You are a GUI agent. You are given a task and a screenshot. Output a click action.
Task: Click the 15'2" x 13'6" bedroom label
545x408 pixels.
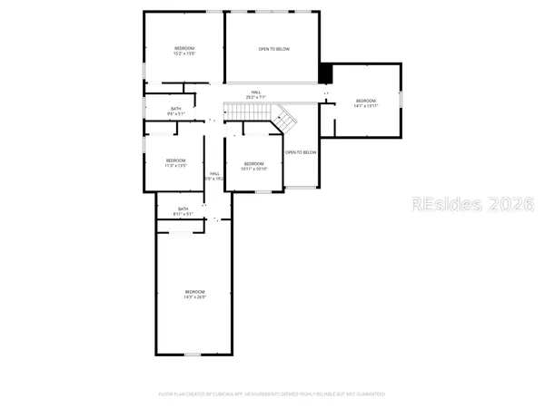[185, 51]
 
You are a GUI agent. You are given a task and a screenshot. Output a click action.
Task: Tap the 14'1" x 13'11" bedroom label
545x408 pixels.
[365, 102]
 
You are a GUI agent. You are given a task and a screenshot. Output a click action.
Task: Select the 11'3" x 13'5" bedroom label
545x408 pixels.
[175, 163]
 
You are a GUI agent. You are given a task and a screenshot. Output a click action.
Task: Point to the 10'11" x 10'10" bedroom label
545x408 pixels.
[253, 166]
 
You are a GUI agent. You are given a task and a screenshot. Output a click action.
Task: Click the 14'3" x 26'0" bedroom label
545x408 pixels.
[195, 294]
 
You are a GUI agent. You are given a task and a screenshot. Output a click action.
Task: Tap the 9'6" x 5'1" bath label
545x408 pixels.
[176, 111]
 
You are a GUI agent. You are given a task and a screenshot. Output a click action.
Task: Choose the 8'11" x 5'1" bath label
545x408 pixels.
[183, 211]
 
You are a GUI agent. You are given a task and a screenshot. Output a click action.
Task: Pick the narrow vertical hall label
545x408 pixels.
[214, 176]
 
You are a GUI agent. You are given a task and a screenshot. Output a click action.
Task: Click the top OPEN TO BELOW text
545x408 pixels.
[273, 49]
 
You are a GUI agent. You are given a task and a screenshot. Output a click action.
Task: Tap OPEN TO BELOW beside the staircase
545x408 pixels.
[302, 152]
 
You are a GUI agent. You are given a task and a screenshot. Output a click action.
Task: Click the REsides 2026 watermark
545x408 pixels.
[471, 204]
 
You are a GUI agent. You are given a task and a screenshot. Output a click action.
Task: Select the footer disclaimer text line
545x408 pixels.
[272, 394]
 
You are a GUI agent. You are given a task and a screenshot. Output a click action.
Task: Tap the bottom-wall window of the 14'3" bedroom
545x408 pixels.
[192, 354]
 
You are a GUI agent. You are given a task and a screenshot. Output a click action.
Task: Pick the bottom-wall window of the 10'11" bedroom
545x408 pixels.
[263, 191]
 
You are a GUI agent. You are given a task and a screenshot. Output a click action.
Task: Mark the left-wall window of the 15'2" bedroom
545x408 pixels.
[144, 70]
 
